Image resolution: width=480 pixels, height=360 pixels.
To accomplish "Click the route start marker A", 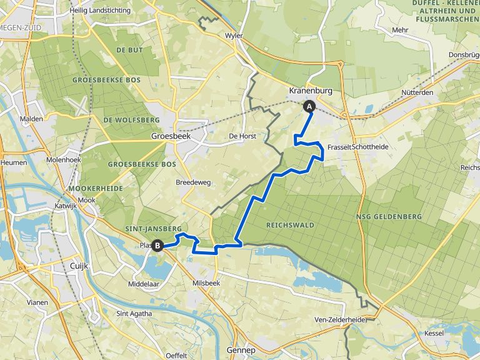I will coord(309,106).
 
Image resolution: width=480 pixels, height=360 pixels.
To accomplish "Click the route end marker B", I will coord(158,246).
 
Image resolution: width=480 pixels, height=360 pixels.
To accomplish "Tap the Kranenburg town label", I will coord(310,91).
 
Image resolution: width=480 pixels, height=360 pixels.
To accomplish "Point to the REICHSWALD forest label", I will coord(290,224).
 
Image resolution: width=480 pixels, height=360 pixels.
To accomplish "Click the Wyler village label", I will coord(234,36).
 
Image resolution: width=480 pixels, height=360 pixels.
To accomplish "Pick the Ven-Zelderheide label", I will coord(341,319).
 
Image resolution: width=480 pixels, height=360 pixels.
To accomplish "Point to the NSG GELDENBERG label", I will coord(389,216).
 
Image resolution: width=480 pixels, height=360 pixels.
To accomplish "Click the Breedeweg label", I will coord(193,182).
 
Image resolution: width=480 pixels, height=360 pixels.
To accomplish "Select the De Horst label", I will coord(240,136).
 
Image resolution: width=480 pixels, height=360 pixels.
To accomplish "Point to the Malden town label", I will coord(32,119).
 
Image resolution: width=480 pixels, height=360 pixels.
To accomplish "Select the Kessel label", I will coord(433,333).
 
